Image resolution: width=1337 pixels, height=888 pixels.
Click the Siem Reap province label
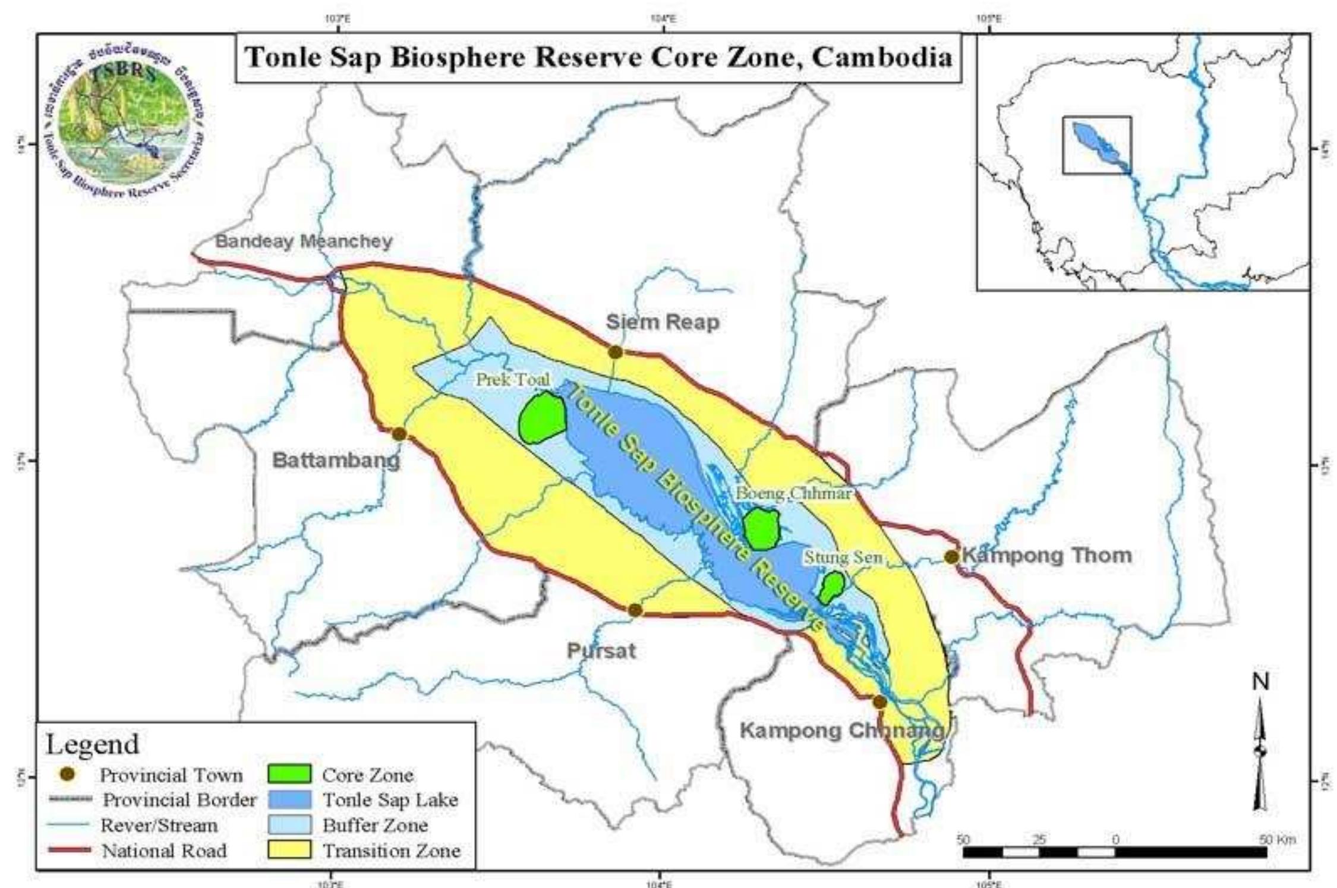tap(663, 322)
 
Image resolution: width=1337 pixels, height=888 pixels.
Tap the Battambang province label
tap(336, 461)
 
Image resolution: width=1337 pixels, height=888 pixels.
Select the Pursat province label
tap(601, 651)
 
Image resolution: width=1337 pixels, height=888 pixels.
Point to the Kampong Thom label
tap(1047, 556)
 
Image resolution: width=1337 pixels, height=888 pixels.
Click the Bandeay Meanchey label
tap(304, 241)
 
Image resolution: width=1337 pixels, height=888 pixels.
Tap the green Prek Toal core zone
tap(542, 417)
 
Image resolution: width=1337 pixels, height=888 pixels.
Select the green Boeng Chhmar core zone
tap(761, 528)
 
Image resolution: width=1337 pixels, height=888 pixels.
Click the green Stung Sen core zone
tap(831, 588)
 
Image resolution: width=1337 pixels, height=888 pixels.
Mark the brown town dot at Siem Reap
tap(615, 352)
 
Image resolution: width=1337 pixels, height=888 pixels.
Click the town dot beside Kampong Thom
tap(951, 557)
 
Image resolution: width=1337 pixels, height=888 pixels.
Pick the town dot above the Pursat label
tap(635, 610)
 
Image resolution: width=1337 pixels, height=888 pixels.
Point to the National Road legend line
tap(69, 851)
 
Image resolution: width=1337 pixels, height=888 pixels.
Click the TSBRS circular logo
tap(127, 125)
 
